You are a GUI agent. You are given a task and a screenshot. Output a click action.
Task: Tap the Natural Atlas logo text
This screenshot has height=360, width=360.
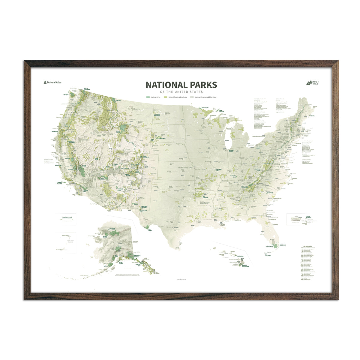(54, 82)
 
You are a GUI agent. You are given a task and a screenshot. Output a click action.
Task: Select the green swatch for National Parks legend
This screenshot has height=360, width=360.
(148, 97)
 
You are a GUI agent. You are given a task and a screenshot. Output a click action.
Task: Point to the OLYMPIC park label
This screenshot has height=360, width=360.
(66, 94)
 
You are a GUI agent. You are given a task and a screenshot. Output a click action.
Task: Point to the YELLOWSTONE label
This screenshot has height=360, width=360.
(127, 124)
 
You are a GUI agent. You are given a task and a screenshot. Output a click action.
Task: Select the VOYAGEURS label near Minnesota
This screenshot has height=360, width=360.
(205, 107)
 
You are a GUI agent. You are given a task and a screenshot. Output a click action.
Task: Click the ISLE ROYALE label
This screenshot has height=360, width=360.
(221, 111)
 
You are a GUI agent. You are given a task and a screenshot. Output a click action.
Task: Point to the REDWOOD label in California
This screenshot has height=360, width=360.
(55, 131)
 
